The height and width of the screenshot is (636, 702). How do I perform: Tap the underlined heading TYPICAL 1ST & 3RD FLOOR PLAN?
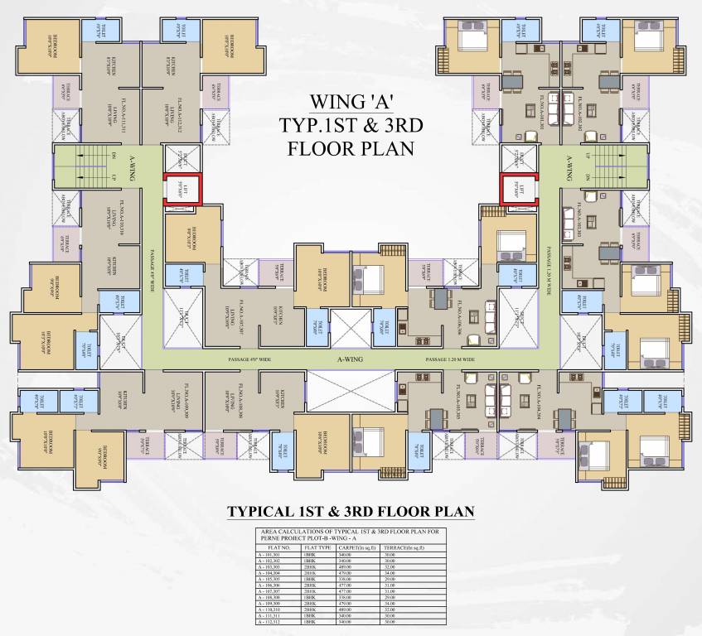pyautogui.click(x=351, y=511)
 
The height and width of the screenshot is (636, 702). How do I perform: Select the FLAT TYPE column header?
pyautogui.click(x=317, y=547)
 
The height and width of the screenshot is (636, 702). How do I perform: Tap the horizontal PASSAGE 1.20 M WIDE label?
pyautogui.click(x=449, y=361)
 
